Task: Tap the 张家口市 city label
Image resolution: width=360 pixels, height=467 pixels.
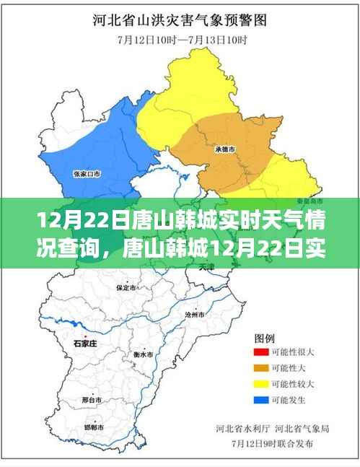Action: pos(87,173)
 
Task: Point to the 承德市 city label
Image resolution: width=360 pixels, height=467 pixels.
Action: pos(226,149)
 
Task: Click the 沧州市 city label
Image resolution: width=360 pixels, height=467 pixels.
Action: pos(195,315)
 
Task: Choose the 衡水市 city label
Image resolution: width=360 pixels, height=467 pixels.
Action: pos(144,355)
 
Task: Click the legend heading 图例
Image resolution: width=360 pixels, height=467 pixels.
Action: pos(264,338)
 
